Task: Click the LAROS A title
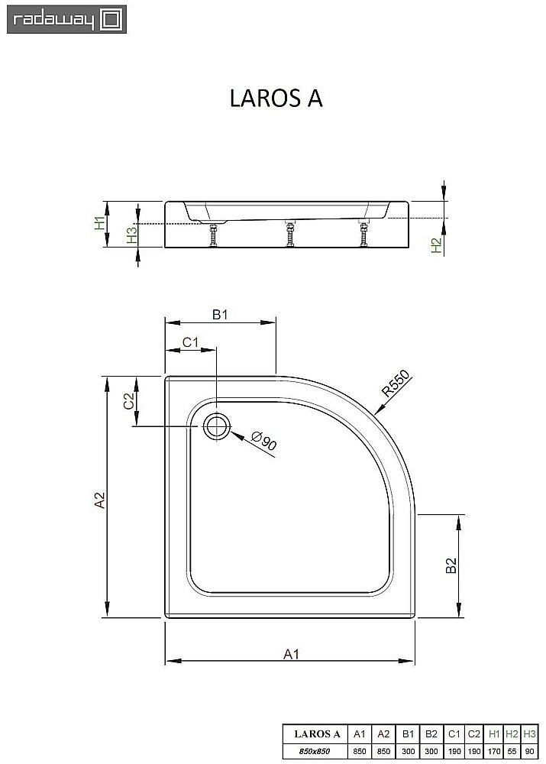(x=276, y=100)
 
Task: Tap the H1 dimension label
(x=99, y=223)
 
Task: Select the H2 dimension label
(x=436, y=245)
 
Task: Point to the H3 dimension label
(x=131, y=235)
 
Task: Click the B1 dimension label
(x=221, y=314)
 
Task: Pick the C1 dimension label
(x=191, y=342)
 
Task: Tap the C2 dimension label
(x=129, y=401)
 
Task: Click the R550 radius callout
(x=396, y=383)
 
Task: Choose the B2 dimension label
(x=451, y=565)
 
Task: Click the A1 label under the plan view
(x=290, y=653)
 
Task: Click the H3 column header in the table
(x=530, y=734)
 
